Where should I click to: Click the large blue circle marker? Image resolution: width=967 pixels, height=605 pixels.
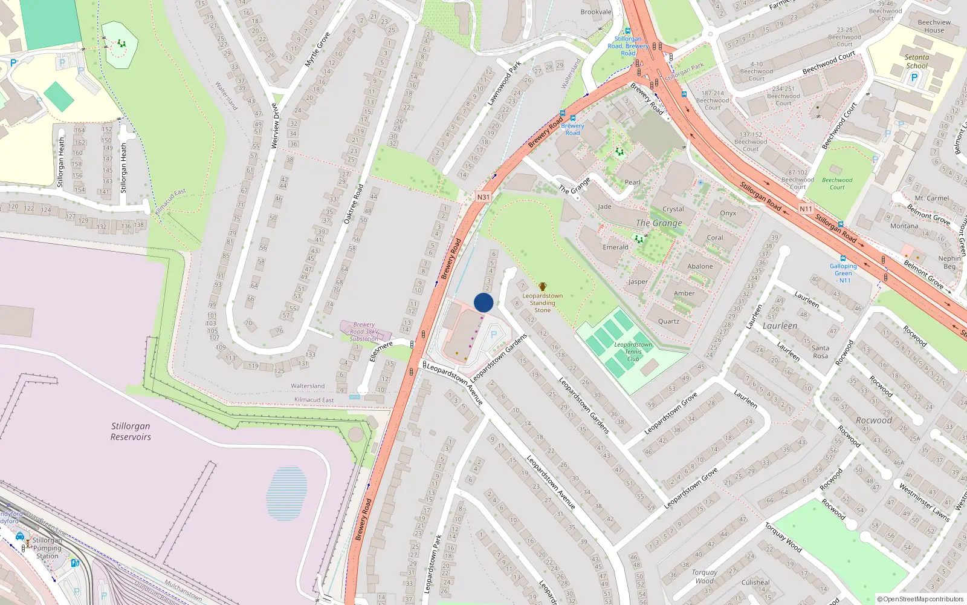[x=483, y=302]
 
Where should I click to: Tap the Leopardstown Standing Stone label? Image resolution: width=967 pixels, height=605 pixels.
[x=542, y=303]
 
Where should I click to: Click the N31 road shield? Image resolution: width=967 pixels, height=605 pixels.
[x=483, y=197]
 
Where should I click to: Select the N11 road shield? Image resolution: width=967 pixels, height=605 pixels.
[x=806, y=209]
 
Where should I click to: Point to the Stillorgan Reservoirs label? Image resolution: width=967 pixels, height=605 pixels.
[x=131, y=431]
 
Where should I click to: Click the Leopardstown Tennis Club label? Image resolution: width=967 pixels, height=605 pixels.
[x=633, y=352]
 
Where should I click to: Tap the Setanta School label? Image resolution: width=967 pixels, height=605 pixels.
[x=916, y=62]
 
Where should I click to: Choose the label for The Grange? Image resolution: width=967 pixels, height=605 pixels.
[x=659, y=223]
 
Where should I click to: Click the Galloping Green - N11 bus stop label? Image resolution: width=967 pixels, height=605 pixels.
[x=843, y=273]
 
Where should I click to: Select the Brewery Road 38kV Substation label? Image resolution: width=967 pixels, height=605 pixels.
[x=364, y=332]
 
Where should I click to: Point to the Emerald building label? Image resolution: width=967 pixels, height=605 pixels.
[x=615, y=247]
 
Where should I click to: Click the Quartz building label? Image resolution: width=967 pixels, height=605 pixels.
[x=668, y=321]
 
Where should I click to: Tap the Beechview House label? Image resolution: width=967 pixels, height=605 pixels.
[x=934, y=26]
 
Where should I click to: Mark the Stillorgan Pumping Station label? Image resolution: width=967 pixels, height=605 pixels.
[x=47, y=548]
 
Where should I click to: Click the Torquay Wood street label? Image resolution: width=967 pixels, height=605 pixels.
[x=783, y=537]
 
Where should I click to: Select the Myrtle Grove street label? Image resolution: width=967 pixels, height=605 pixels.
[x=317, y=50]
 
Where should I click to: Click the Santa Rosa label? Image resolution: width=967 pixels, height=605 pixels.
[x=820, y=352]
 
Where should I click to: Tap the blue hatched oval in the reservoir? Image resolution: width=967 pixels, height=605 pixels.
[x=287, y=493]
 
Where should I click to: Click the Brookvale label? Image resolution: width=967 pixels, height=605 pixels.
[x=596, y=12]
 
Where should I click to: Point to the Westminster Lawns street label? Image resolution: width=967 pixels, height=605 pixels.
[x=924, y=502]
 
